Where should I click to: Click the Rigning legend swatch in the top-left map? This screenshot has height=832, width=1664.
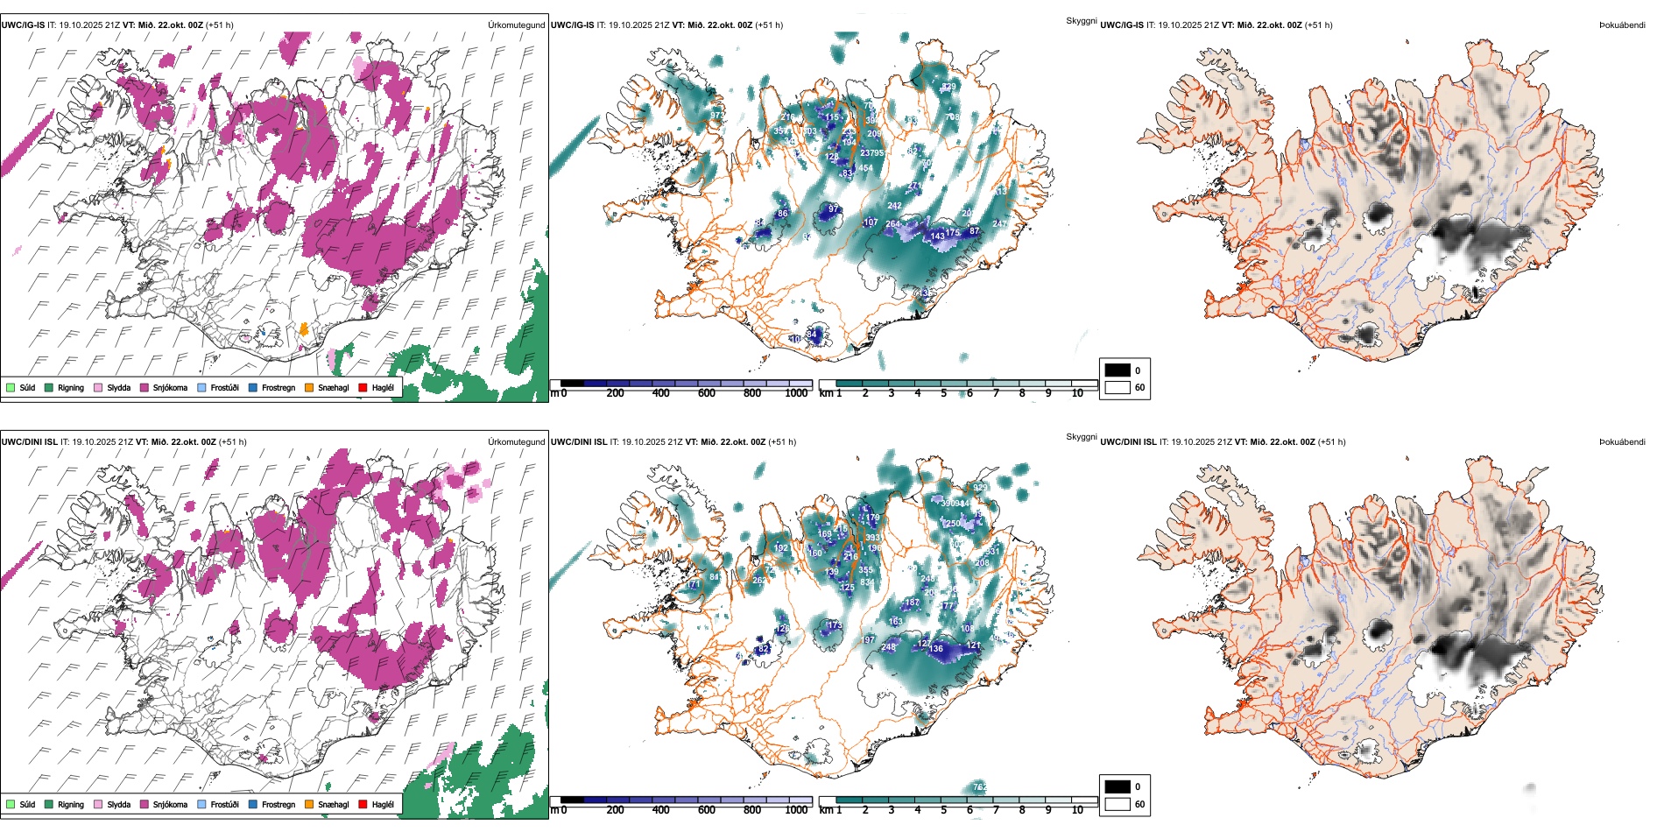tap(49, 387)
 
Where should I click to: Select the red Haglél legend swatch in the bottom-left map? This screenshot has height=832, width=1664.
tap(363, 804)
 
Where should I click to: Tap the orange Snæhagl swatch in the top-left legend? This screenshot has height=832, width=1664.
tap(309, 387)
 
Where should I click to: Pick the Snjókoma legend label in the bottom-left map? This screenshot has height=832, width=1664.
tap(170, 804)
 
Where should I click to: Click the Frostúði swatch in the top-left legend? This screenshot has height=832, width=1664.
tap(202, 387)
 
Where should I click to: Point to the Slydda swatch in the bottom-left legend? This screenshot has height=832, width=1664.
tap(98, 804)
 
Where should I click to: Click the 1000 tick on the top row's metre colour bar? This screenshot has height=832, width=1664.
tap(796, 393)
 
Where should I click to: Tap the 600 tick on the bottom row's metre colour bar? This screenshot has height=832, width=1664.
tap(707, 810)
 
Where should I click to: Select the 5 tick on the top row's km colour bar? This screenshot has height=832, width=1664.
tap(943, 393)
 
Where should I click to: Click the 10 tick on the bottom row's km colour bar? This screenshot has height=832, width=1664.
tap(1077, 810)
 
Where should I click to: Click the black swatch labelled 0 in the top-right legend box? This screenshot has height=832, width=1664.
tap(1118, 370)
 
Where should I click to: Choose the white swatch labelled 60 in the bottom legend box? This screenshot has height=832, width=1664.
tap(1118, 803)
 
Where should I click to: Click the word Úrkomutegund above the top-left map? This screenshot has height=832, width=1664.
tap(516, 25)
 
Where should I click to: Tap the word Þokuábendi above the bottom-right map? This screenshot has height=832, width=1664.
tap(1622, 442)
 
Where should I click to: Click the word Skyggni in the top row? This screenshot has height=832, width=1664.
tap(1081, 20)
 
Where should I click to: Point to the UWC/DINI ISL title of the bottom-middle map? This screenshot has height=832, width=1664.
tap(585, 442)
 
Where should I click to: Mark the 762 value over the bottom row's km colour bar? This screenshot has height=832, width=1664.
tap(980, 787)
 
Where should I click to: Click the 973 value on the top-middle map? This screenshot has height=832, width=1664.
tap(717, 116)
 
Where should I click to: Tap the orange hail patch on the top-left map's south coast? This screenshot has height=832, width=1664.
tap(304, 329)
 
